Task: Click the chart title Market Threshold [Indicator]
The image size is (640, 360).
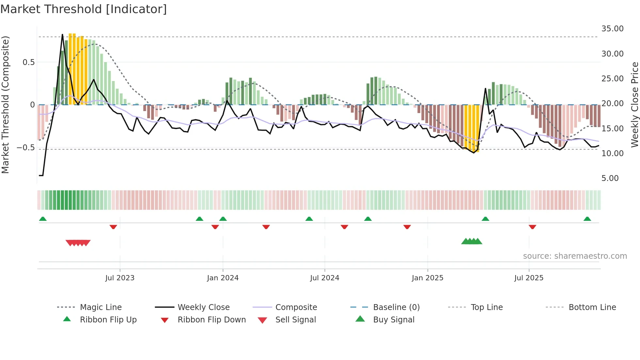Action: (84, 9)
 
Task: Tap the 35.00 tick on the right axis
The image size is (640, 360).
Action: (612, 29)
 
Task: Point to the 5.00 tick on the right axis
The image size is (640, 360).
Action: (610, 178)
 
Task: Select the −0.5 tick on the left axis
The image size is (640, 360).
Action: (26, 148)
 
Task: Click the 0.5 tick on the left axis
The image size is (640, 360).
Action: (28, 62)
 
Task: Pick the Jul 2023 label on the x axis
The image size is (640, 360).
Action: (120, 278)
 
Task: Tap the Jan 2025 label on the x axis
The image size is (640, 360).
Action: (427, 278)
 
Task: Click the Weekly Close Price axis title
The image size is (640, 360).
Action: (634, 105)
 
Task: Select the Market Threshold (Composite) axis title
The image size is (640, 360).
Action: (5, 105)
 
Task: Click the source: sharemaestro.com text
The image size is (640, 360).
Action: (575, 256)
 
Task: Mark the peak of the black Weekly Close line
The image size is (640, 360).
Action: (62, 34)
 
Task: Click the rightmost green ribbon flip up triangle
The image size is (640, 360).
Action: (587, 219)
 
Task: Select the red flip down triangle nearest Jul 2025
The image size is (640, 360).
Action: (532, 227)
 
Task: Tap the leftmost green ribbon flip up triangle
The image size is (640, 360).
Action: (43, 219)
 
